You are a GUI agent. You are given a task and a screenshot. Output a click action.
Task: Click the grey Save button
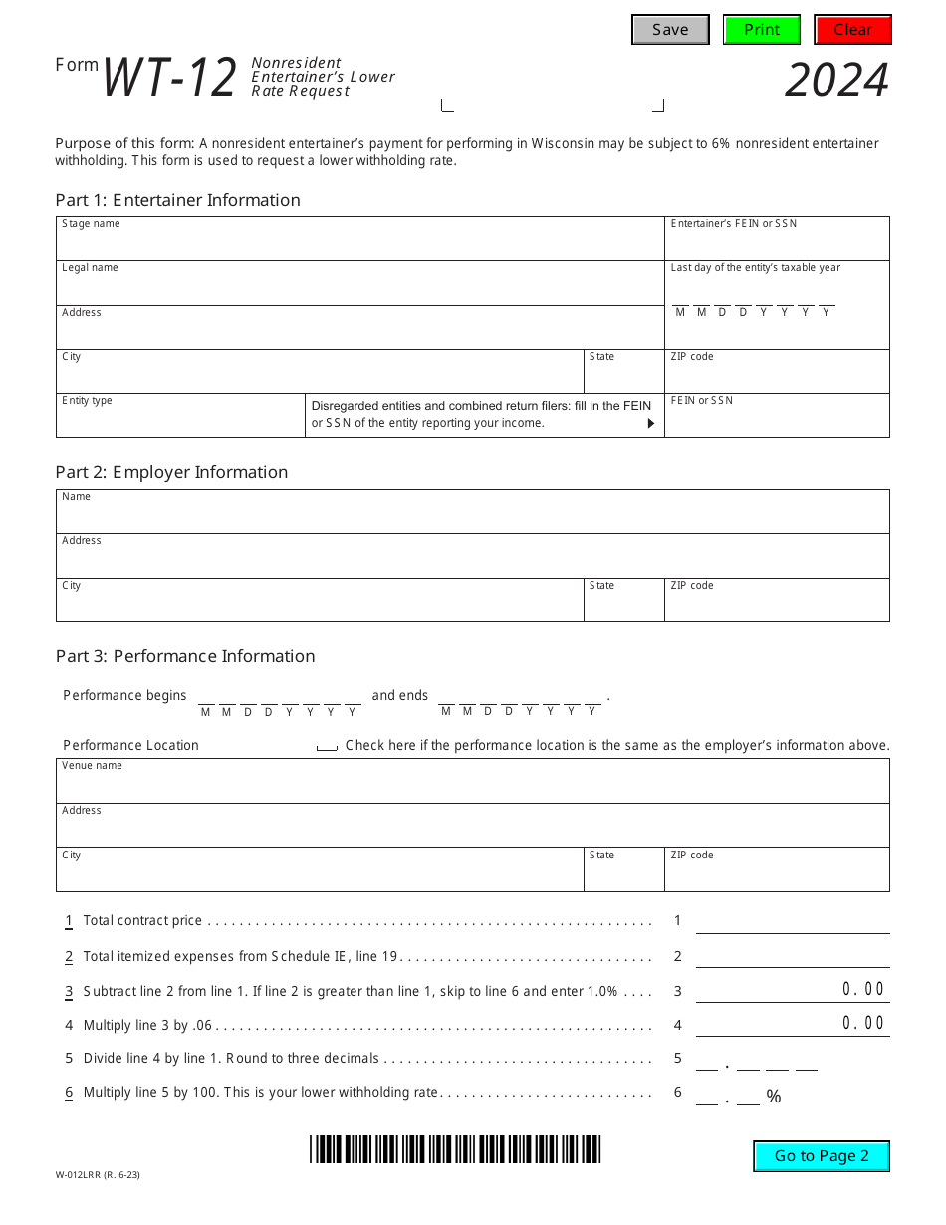(670, 30)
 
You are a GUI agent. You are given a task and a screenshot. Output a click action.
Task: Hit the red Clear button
(852, 30)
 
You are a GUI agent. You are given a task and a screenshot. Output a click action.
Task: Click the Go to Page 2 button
(822, 1156)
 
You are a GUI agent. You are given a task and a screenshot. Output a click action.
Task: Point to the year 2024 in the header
(836, 81)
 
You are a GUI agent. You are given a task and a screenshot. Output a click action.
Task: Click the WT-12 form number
(169, 78)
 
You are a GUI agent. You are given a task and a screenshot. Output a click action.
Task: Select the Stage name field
(359, 244)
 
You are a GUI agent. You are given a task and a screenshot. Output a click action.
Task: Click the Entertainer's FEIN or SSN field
(777, 244)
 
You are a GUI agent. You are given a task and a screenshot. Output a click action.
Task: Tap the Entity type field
(180, 421)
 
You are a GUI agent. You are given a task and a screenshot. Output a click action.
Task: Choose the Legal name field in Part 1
(359, 288)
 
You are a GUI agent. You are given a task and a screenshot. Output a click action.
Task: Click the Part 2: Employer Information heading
(171, 472)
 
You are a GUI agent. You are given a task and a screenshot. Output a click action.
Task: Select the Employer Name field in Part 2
(472, 517)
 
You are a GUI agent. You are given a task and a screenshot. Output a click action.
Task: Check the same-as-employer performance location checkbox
(327, 746)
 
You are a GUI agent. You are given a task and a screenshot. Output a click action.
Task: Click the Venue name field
(472, 787)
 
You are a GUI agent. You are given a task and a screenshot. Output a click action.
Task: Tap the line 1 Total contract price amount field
(792, 921)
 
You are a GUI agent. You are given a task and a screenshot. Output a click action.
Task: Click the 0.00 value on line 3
(862, 989)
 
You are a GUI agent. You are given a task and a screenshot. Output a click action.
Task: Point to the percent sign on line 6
(774, 1098)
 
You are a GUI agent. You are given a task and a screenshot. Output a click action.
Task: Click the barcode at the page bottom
(455, 1149)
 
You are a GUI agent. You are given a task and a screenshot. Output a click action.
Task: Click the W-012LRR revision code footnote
(98, 1175)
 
